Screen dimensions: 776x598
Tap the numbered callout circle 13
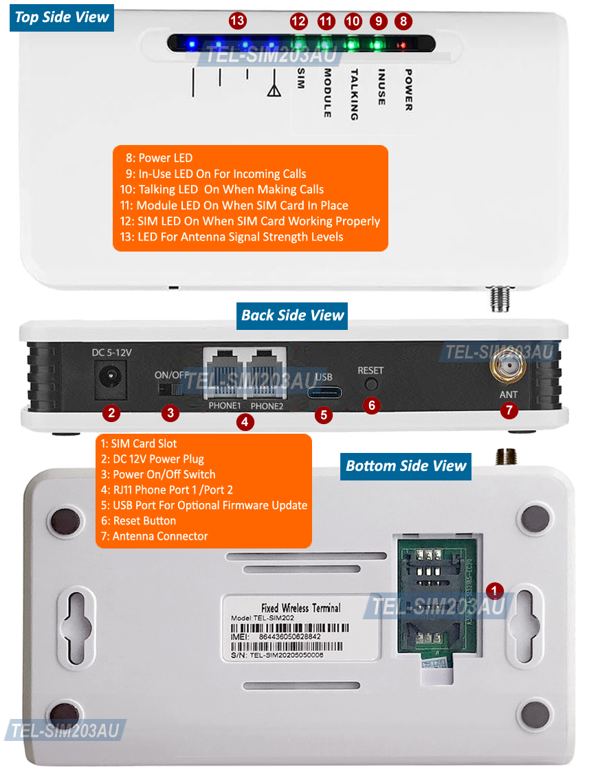coord(237,21)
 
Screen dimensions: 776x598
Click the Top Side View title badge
coord(62,17)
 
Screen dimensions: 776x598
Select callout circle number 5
coord(324,415)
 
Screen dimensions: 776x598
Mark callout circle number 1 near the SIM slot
coord(495,590)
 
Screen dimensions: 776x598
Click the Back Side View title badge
coord(292,315)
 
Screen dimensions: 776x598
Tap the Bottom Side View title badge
coord(406,466)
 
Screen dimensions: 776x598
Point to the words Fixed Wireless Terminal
coord(301,608)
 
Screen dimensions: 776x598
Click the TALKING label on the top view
coord(354,94)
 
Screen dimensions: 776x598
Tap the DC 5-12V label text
coord(111,353)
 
